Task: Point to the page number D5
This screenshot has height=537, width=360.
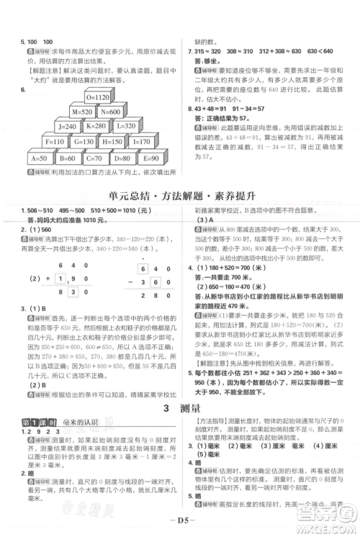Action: pyautogui.click(x=180, y=518)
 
